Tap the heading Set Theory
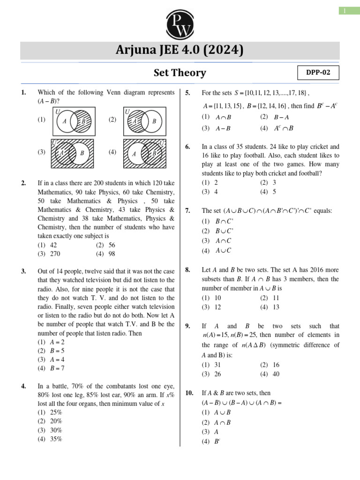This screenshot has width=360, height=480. point(180,73)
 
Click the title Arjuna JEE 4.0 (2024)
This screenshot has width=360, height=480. point(180,50)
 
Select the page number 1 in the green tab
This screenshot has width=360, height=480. point(346,10)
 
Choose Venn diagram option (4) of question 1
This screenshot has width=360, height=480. point(144,153)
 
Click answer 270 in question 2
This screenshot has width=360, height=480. point(56,254)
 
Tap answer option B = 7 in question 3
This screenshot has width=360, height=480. point(57,368)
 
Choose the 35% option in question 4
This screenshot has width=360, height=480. point(56,439)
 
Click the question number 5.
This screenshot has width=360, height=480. point(187,93)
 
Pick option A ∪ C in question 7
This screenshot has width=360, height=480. point(223,251)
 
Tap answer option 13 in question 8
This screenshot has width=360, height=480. point(276,307)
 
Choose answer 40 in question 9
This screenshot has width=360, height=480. point(276,374)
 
